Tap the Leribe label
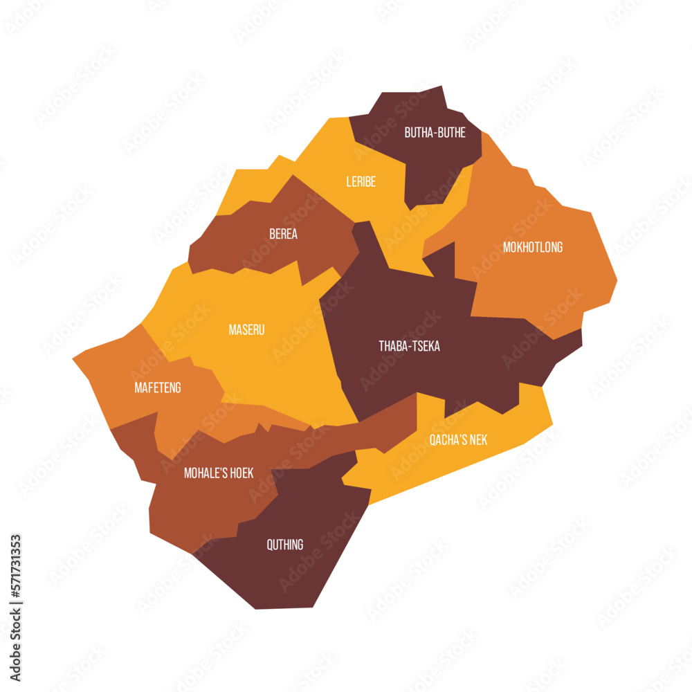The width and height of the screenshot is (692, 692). tap(361, 182)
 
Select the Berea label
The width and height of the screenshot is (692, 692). tap(283, 234)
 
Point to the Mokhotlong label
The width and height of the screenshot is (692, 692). tap(532, 247)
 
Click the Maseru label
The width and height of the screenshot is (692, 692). tap(246, 330)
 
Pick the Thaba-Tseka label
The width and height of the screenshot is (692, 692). tap(409, 346)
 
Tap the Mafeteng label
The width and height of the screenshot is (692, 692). tap(157, 388)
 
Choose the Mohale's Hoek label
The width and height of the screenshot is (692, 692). tap(218, 473)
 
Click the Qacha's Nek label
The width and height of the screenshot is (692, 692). tap(457, 439)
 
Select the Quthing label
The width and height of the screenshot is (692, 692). tap(284, 545)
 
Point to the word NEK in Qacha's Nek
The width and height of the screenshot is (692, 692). tap(477, 439)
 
